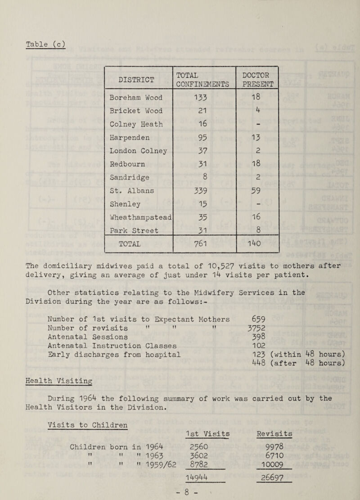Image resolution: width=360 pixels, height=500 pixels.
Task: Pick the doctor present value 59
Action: pyautogui.click(x=257, y=191)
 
